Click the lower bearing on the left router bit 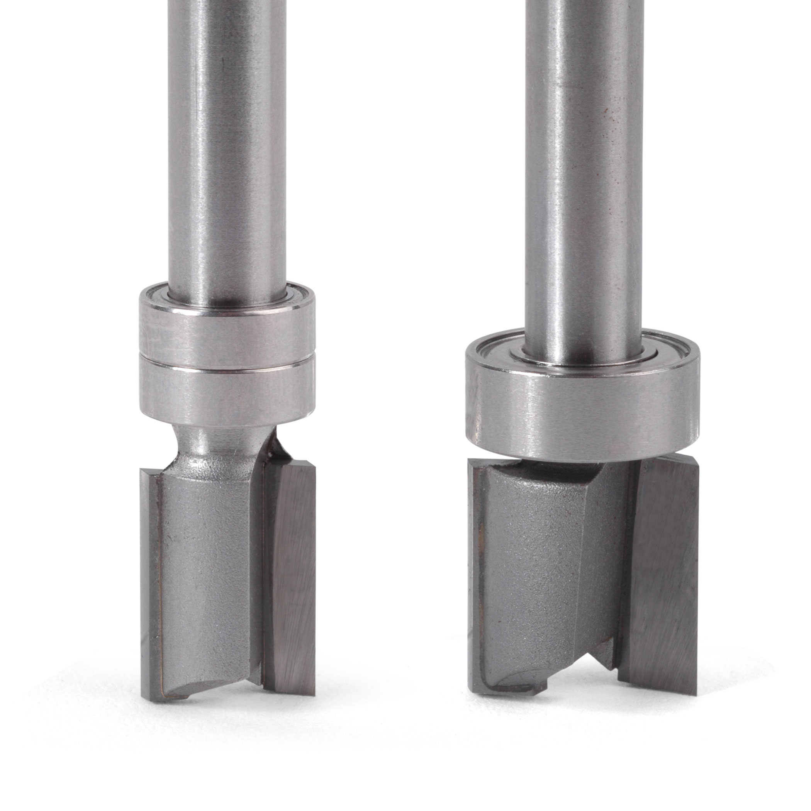227,390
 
